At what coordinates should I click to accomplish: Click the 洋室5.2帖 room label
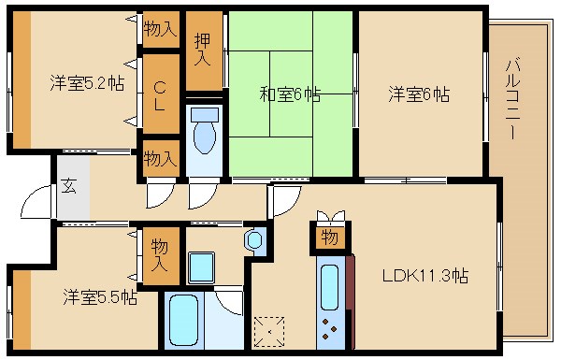[x=86, y=83]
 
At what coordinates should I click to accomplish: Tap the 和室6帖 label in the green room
[x=290, y=94]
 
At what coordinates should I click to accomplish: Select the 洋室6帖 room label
[x=419, y=94]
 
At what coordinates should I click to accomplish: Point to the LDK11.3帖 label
[x=424, y=277]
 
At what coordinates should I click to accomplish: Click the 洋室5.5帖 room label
[x=100, y=297]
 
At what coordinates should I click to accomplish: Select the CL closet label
[x=160, y=94]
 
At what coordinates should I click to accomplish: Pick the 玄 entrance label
[x=69, y=185]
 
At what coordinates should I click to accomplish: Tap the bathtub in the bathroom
[x=182, y=323]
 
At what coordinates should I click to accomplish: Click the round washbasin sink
[x=254, y=241]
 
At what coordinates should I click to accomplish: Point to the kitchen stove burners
[x=330, y=327]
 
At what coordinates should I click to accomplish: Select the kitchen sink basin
[x=329, y=284]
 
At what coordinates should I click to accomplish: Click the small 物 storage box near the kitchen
[x=329, y=238]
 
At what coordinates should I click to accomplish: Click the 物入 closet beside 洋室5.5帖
[x=160, y=253]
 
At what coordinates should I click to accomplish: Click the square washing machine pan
[x=202, y=267]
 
